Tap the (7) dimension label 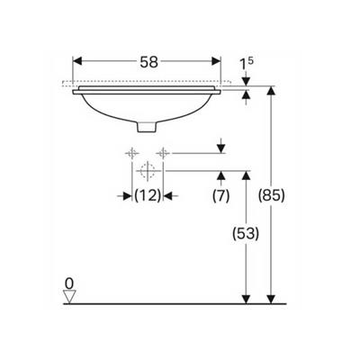[x=219, y=194]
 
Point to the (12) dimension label [x=148, y=194]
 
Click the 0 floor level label [x=69, y=283]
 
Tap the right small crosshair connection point [x=163, y=152]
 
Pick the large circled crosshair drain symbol [x=148, y=169]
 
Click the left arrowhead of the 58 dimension [x=76, y=63]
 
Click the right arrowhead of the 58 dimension [x=217, y=63]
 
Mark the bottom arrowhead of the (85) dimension [x=271, y=296]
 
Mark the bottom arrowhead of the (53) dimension [x=244, y=296]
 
